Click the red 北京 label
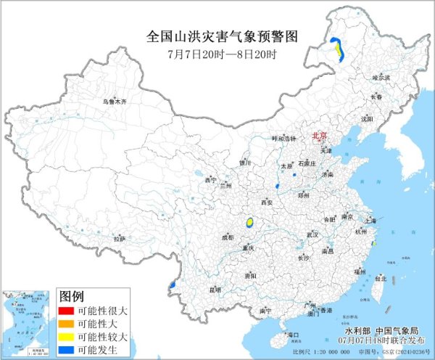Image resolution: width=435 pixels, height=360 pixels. click(x=319, y=136)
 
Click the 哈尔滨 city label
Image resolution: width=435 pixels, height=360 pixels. click(x=381, y=77)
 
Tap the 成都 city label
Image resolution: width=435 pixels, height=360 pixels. click(x=228, y=237)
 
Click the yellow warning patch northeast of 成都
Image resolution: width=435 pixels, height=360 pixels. click(x=250, y=222)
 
